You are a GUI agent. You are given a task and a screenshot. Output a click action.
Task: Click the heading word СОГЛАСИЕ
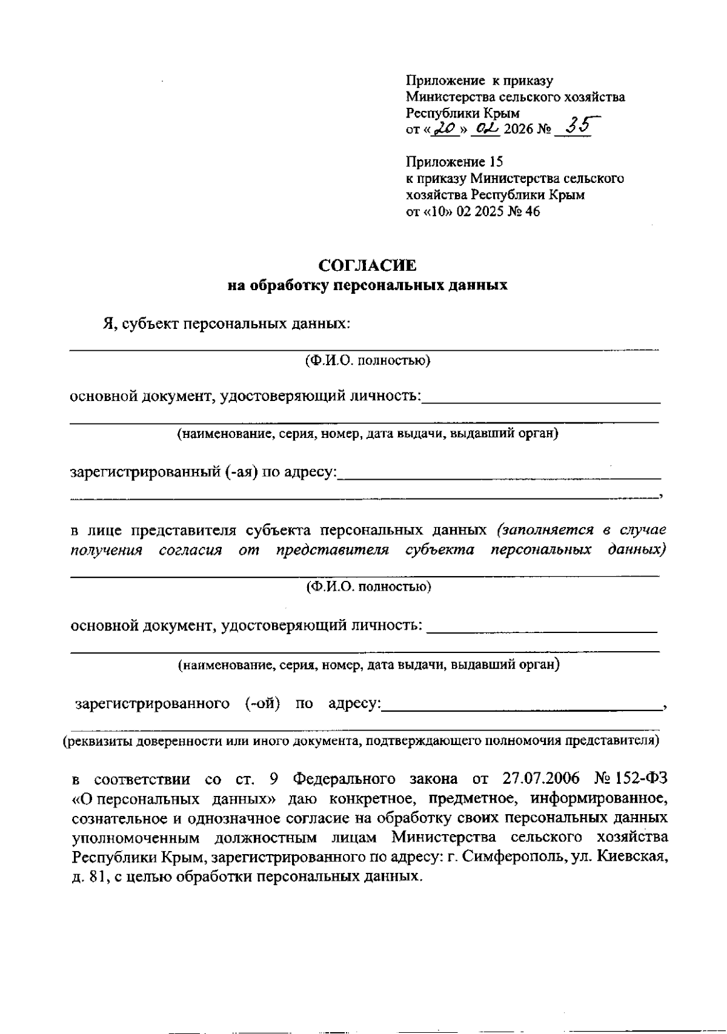[x=368, y=265]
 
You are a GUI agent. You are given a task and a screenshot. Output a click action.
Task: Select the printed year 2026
[x=517, y=130]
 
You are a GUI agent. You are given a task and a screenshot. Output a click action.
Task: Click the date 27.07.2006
[x=540, y=778]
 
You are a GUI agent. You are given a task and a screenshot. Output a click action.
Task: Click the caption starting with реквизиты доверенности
[x=362, y=740]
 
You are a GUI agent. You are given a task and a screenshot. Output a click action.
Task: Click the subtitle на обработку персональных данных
[x=367, y=285]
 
